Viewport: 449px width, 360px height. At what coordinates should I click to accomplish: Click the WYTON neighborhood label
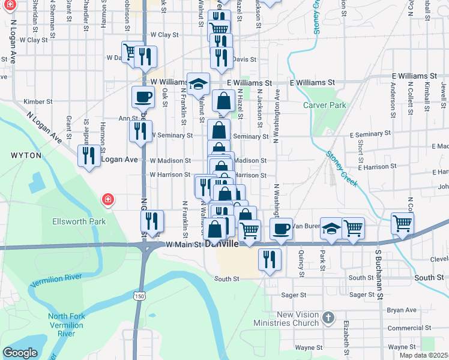click(26, 155)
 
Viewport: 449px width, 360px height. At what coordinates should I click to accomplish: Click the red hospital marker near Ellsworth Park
click(108, 199)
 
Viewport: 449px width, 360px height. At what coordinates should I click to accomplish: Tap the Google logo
click(20, 353)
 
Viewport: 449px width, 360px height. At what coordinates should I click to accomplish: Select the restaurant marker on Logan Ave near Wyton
click(89, 156)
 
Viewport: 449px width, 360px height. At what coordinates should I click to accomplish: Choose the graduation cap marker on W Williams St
click(197, 84)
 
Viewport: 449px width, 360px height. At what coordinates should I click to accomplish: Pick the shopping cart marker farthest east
click(402, 223)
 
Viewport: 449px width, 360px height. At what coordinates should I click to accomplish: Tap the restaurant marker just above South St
click(269, 259)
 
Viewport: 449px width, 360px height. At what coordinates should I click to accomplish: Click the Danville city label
click(222, 245)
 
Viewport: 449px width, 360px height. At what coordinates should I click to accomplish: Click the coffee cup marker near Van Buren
click(281, 228)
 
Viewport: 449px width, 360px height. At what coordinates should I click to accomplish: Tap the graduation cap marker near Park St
click(331, 228)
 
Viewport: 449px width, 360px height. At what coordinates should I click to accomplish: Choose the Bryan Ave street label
click(402, 310)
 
